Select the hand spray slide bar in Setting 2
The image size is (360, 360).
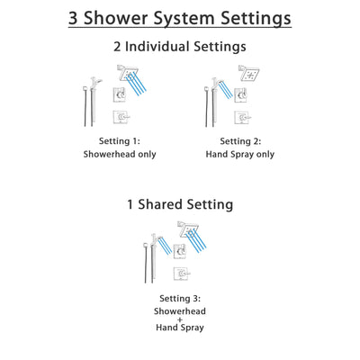[x=211, y=99]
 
